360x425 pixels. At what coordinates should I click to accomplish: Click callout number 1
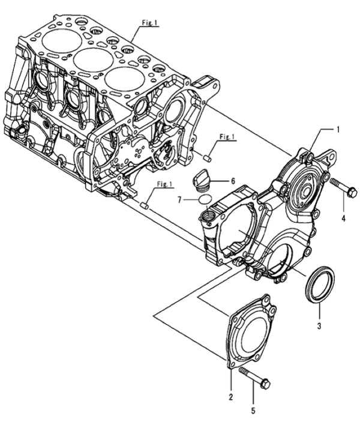click(338, 128)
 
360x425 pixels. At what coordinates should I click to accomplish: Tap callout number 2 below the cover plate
click(231, 397)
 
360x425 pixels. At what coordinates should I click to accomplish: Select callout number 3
click(319, 326)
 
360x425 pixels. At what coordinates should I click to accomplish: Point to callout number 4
click(344, 219)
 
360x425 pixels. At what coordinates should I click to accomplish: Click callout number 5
click(253, 411)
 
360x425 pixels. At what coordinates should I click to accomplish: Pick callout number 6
click(233, 180)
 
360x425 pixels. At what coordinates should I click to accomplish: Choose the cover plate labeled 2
click(252, 332)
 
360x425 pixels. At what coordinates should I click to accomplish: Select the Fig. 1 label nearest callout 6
click(227, 137)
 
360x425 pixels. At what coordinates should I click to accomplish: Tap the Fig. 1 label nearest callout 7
click(164, 183)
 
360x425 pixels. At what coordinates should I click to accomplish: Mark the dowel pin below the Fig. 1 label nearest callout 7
click(144, 205)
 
